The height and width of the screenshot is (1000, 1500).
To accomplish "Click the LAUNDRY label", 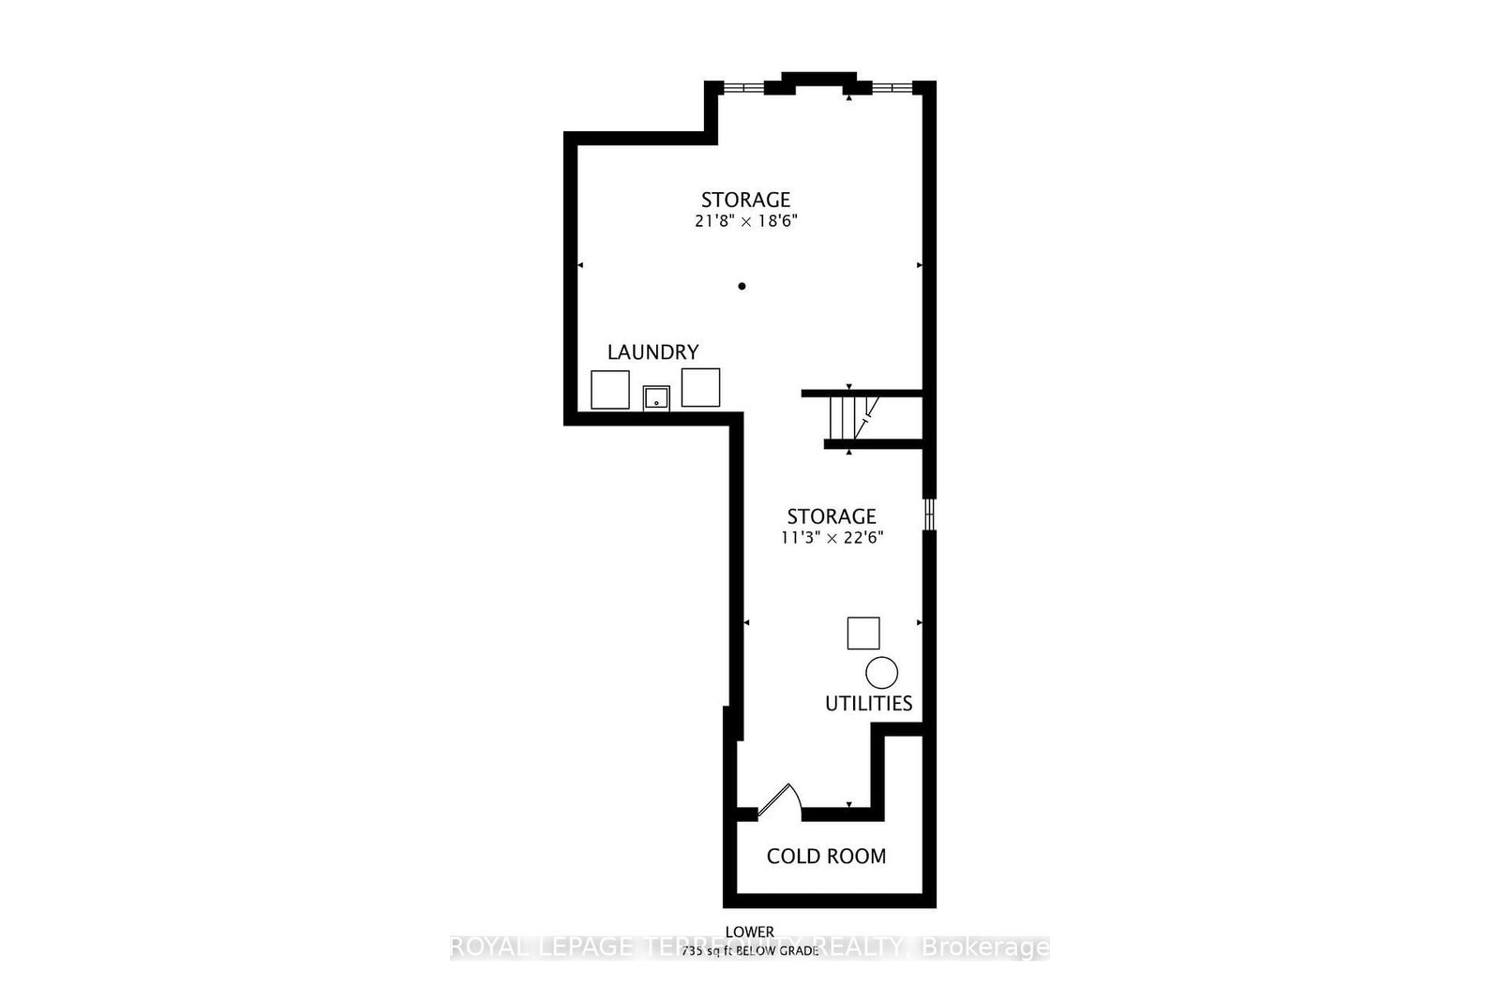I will click(652, 352).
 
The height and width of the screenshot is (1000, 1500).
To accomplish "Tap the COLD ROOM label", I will click(826, 856).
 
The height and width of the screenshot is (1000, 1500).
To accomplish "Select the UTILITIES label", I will click(868, 703).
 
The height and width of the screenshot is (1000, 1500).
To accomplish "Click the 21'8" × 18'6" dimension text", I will click(746, 222).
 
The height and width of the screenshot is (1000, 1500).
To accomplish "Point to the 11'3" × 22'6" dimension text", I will click(831, 538).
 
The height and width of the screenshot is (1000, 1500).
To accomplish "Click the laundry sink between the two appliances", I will click(656, 398).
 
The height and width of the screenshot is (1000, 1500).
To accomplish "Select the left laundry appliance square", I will click(610, 389).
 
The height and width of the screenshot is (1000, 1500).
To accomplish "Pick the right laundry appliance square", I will click(700, 387).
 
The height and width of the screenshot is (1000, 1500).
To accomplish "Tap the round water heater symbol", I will click(881, 672).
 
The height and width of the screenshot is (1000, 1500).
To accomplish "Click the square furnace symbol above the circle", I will click(863, 634).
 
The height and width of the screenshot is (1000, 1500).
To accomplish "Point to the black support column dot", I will click(742, 286).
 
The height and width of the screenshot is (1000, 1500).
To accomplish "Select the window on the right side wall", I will click(929, 514).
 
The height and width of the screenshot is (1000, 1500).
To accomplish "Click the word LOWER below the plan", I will click(750, 932).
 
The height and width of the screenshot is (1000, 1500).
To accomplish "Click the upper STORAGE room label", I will click(746, 200).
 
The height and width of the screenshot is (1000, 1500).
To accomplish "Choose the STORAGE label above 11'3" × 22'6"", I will click(831, 516).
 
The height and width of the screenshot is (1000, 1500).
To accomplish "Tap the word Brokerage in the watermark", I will click(986, 948).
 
